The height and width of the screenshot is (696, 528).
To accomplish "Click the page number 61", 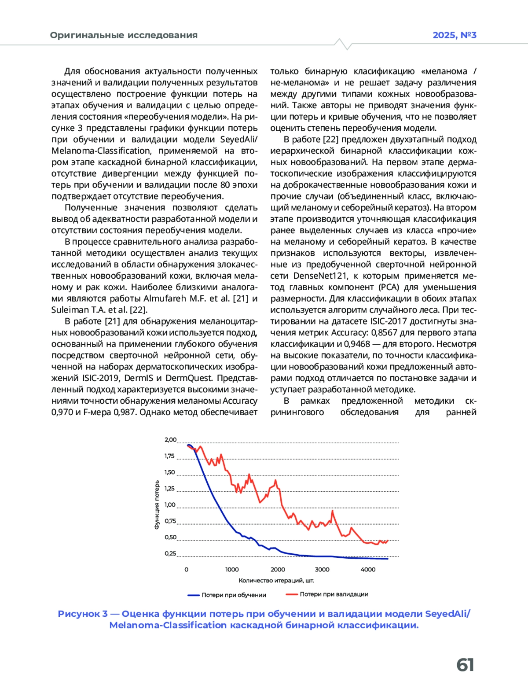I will pyautogui.click(x=465, y=665).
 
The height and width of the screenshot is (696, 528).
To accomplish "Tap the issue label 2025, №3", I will pyautogui.click(x=454, y=35).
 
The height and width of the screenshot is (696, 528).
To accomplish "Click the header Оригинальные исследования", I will pyautogui.click(x=124, y=35).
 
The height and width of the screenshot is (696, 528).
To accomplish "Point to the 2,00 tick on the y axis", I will pyautogui.click(x=170, y=440).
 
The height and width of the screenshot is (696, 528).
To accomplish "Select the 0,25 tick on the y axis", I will pyautogui.click(x=170, y=553).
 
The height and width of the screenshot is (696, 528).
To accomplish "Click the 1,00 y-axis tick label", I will pyautogui.click(x=170, y=505).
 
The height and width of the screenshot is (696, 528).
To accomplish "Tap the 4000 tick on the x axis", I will pyautogui.click(x=368, y=569).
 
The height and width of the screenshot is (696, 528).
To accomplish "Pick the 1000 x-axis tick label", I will pyautogui.click(x=232, y=569).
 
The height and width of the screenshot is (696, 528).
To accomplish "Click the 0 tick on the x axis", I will pyautogui.click(x=186, y=569).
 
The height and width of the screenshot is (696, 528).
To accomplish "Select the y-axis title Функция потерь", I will pyautogui.click(x=157, y=505).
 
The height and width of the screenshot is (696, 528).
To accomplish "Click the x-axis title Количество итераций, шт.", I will pyautogui.click(x=276, y=581).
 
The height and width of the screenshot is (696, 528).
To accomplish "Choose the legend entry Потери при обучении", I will pyautogui.click(x=234, y=595).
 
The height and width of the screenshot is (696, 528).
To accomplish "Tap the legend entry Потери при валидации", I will pyautogui.click(x=334, y=594).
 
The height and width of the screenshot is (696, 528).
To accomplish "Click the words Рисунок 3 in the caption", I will pyautogui.click(x=83, y=614).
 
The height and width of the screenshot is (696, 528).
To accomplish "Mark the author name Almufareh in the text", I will pyautogui.click(x=165, y=298).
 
